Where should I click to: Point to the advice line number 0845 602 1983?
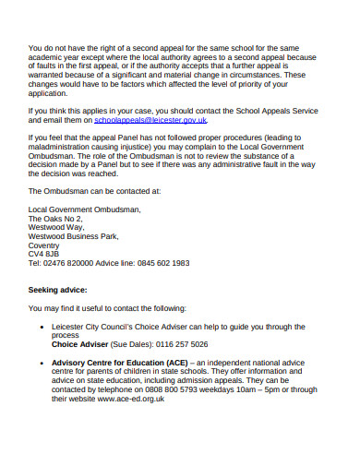[161, 263]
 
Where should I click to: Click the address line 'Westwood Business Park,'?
[74, 235]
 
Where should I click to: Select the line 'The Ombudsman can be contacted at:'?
[95, 191]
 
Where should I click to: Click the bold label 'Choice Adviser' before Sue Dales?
[80, 343]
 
